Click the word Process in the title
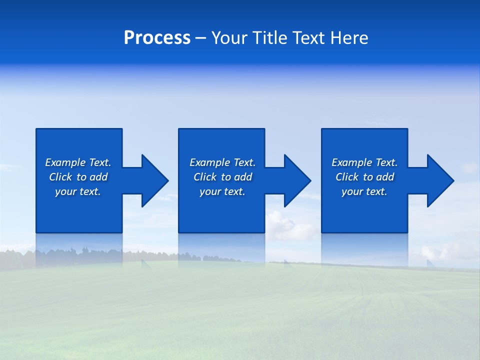pos(157,38)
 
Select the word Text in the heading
pos(309,38)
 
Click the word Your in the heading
pos(229,38)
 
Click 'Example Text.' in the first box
pos(78,162)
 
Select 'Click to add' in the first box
pos(78,177)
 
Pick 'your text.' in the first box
pos(78,191)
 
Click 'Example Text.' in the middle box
pos(222,162)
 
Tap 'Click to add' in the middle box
pos(222,177)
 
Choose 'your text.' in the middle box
pos(222,191)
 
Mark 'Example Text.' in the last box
pos(364,162)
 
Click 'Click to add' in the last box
pos(364,177)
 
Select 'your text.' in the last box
pos(364,191)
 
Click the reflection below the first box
pos(79,250)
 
